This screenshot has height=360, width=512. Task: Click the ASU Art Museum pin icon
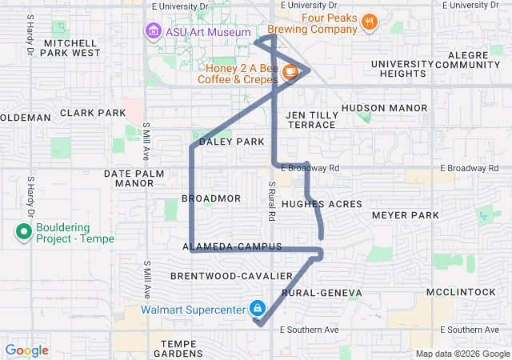[x=152, y=31]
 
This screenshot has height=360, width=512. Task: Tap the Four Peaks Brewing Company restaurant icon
[x=369, y=22]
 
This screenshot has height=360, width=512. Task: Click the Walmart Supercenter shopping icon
[x=257, y=308]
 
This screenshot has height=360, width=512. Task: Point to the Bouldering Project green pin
[x=23, y=233]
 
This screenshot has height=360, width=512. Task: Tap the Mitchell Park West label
[x=72, y=47]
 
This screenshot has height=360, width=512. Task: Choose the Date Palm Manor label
[x=128, y=178]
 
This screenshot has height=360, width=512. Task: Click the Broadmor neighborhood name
[x=210, y=198]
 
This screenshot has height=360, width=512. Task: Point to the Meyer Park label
[x=406, y=215]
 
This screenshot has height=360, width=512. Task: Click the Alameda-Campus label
[x=232, y=246]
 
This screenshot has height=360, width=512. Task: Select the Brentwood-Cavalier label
[x=232, y=276]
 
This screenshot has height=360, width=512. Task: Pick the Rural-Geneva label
[x=322, y=293]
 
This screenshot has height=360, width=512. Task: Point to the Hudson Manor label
[x=374, y=107]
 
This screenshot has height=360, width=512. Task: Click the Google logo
[x=27, y=350]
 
